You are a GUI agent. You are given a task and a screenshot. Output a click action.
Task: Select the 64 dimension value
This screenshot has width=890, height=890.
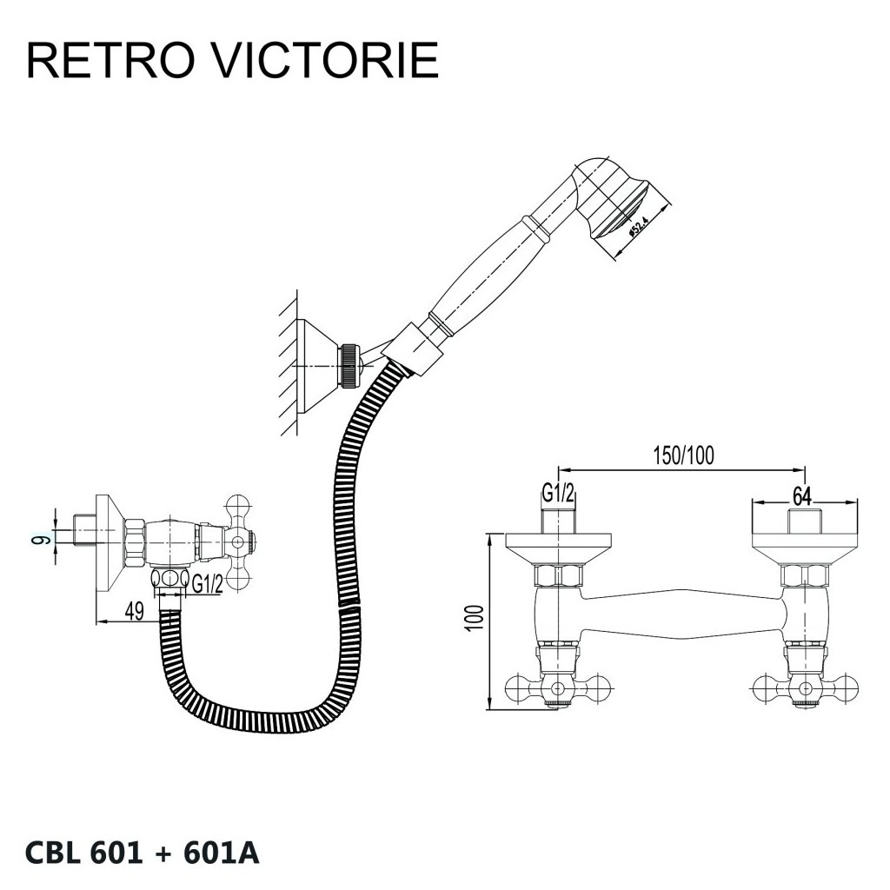click(x=801, y=495)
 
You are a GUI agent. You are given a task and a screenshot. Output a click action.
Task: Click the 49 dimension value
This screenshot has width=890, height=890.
click(x=134, y=611)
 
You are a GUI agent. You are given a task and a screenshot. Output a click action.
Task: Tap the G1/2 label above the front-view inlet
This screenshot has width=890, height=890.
click(x=559, y=495)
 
